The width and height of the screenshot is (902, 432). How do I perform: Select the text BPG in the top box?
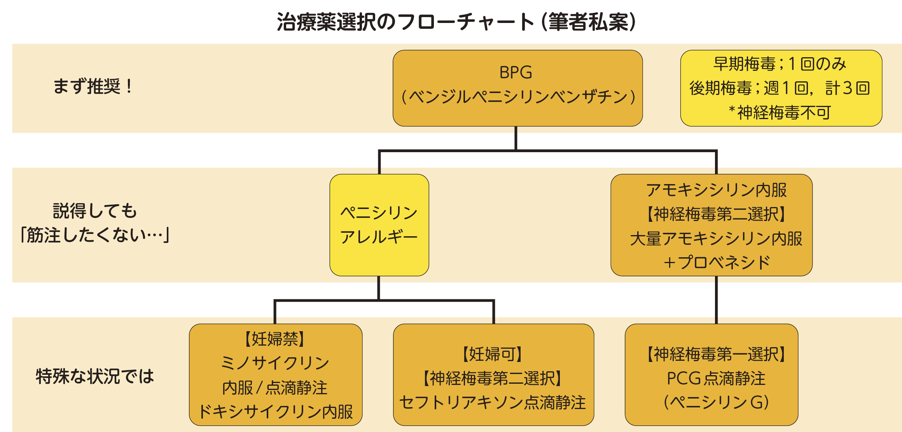[516, 73]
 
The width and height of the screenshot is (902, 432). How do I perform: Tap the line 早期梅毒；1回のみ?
[780, 64]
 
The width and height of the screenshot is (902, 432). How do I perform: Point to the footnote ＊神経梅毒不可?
[780, 112]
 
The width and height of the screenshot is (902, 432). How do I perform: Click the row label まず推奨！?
[93, 86]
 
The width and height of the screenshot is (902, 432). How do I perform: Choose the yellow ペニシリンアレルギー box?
[379, 225]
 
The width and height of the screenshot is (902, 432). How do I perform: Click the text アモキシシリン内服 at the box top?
[716, 190]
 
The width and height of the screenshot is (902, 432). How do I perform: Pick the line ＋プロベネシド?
[716, 262]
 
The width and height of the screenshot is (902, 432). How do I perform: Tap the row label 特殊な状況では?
[95, 376]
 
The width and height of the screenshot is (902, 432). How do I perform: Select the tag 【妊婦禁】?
[275, 339]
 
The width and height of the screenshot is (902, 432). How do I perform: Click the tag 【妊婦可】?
[493, 354]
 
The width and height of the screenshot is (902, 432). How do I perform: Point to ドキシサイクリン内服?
[276, 411]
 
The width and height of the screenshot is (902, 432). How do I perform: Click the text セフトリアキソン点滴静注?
[493, 402]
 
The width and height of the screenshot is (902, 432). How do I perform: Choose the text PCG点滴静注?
[716, 378]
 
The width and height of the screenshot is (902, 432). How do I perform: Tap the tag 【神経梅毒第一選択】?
[716, 354]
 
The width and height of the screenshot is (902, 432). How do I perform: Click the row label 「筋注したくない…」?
[95, 235]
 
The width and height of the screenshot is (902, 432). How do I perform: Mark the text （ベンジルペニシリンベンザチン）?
[517, 97]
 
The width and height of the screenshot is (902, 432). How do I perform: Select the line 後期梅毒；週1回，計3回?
[780, 88]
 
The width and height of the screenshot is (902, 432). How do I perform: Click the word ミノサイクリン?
[275, 363]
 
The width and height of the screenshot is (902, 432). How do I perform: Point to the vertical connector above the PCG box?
[716, 300]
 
